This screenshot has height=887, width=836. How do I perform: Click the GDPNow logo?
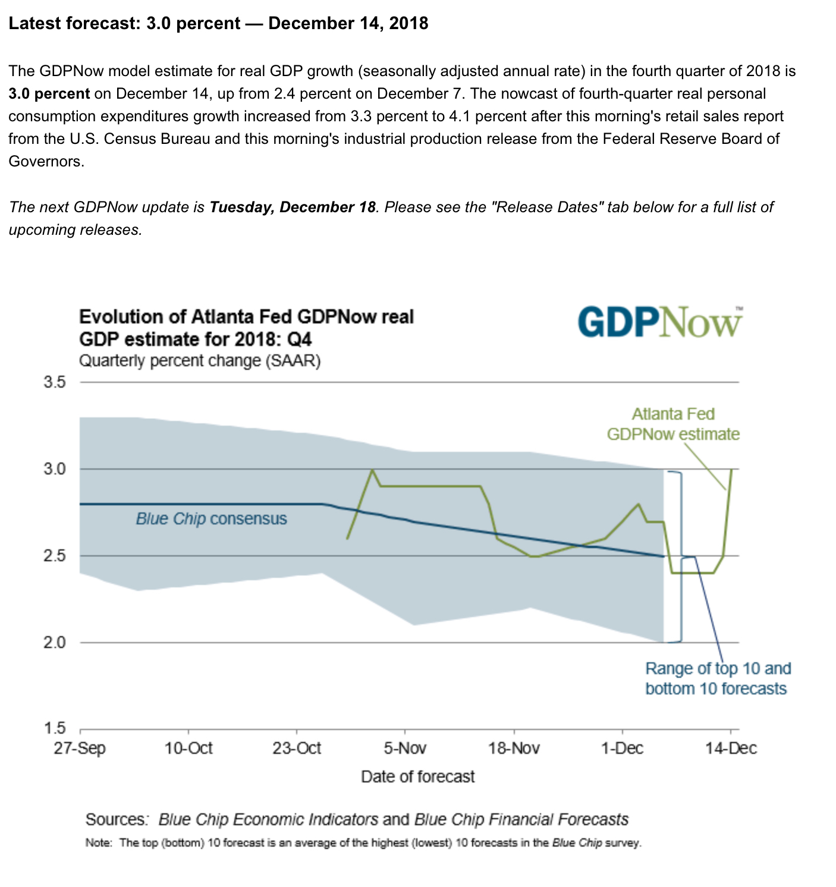(660, 323)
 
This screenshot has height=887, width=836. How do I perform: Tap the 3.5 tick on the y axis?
(54, 382)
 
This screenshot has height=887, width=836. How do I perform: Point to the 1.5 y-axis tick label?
(54, 728)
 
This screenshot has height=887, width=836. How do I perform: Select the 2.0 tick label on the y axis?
(54, 642)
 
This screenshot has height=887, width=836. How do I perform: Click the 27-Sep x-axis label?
(80, 747)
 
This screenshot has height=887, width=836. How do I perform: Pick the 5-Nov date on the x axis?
(405, 747)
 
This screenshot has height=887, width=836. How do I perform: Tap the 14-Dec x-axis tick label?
(731, 747)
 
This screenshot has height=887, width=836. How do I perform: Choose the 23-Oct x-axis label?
(297, 747)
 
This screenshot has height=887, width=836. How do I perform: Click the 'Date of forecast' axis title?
(418, 776)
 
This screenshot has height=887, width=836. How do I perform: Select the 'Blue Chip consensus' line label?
(211, 519)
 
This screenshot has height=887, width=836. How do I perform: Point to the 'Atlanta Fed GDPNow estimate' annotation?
(673, 424)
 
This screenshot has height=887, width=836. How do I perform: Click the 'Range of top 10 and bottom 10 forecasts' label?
(718, 678)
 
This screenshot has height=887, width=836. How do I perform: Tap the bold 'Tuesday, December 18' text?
(293, 207)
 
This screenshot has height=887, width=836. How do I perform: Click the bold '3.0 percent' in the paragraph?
(49, 93)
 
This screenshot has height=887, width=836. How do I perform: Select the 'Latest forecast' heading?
(218, 23)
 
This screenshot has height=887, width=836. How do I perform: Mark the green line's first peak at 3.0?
(372, 470)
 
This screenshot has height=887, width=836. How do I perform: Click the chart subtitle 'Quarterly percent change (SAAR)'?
(200, 361)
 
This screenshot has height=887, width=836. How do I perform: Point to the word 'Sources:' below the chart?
(117, 819)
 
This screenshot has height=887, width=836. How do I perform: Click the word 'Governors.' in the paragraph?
(46, 161)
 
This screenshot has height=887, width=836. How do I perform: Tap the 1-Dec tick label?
(622, 747)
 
